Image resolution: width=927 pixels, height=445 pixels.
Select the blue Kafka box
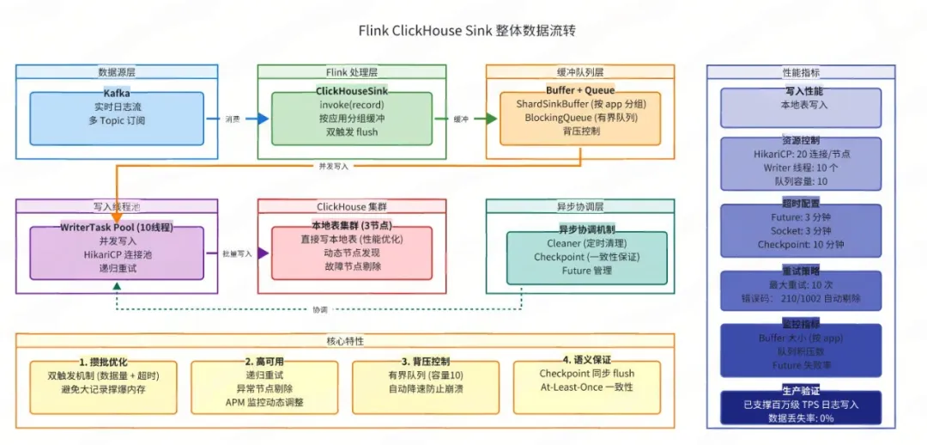coord(117,119)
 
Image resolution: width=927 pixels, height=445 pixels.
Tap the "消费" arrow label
coord(233,119)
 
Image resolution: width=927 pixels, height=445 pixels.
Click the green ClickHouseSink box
coord(352,119)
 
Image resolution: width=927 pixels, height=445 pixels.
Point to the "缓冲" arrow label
coord(462,119)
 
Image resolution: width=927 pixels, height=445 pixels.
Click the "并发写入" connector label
coord(332,166)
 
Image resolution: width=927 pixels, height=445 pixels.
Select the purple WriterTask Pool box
coord(118,253)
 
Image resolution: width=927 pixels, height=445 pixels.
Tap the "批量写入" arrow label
coord(238,254)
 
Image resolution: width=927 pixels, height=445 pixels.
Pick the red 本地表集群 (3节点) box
coord(352,253)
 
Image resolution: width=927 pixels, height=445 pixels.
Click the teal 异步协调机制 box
coord(586,256)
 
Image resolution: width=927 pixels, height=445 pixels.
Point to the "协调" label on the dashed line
coord(319,308)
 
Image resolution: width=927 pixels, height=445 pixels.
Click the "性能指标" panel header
coord(800,73)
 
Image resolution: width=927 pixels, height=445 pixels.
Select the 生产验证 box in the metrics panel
coord(800,406)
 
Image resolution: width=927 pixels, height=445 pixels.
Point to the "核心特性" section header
coord(345,341)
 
